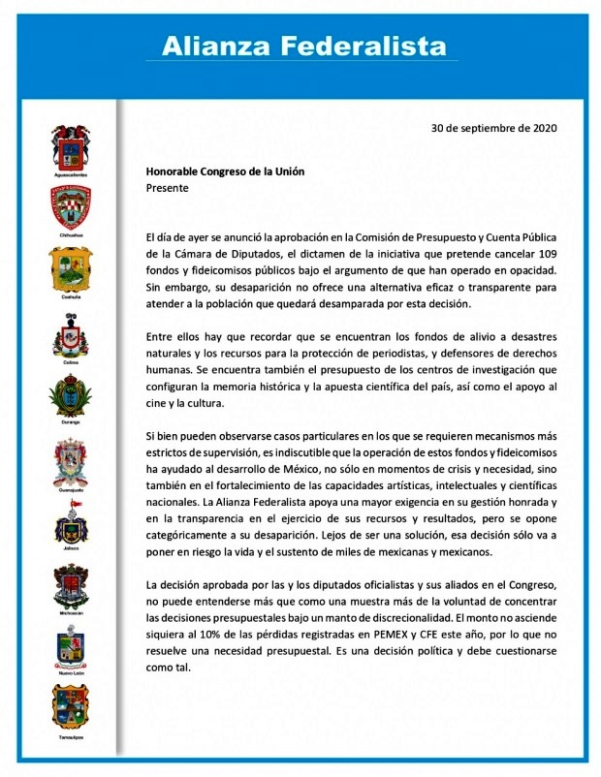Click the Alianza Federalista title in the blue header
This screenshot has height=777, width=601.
pyautogui.click(x=303, y=46)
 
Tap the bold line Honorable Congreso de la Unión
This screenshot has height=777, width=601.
pyautogui.click(x=225, y=171)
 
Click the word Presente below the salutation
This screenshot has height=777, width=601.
pyautogui.click(x=167, y=188)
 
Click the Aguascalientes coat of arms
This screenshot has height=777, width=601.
pyautogui.click(x=71, y=146)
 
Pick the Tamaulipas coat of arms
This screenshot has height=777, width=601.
pyautogui.click(x=71, y=708)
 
